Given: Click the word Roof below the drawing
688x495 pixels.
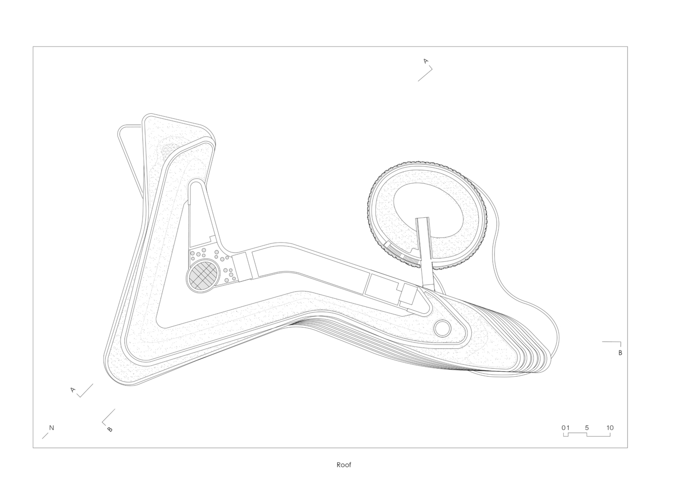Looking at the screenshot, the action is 344,465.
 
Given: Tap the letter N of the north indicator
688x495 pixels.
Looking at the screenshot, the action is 51,428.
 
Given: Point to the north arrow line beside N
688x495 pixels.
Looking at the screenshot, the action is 45,436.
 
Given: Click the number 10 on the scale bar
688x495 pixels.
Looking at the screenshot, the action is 610,428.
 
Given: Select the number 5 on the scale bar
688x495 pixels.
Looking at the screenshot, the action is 587,428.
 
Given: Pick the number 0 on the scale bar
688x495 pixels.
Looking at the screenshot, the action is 564,428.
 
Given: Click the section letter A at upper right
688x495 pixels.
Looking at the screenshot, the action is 426,61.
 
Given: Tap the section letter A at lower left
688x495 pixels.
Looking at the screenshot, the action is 73,390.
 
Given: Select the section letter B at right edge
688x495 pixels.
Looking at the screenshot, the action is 620,353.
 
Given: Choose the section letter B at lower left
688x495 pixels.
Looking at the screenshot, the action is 110,429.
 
